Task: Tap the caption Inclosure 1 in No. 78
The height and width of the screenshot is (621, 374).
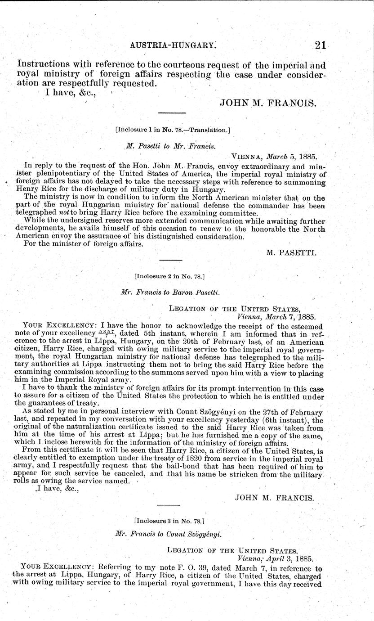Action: click(173, 130)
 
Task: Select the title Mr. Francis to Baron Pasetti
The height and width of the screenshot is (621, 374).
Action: click(170, 292)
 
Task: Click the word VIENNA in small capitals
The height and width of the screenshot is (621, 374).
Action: click(248, 157)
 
